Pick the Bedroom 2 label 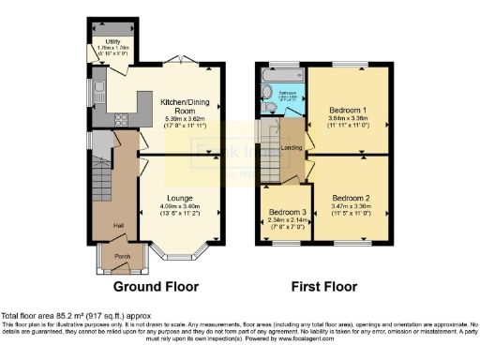tap(351, 199)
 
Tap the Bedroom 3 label tap(283, 212)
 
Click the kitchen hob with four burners tap(122, 118)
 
